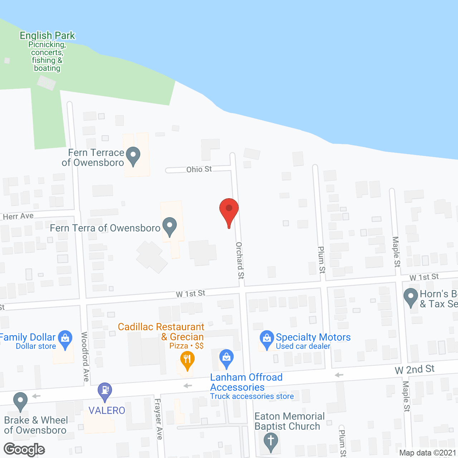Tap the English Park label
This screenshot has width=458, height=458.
coord(47,36)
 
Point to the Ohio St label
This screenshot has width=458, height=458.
coord(199,169)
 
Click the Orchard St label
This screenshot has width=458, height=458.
coord(240,260)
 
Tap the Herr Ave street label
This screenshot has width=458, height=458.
coord(18,216)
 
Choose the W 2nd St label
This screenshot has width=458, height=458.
coord(415,370)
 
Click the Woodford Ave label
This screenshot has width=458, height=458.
coord(85,356)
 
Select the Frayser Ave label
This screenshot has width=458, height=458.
coord(159,419)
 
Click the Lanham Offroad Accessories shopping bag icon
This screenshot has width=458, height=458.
coord(226,358)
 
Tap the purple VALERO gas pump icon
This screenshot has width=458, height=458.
coord(105,391)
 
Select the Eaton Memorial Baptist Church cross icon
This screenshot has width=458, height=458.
coord(271,441)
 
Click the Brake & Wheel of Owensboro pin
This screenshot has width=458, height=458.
coord(20,400)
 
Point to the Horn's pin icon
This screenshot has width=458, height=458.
coord(411,297)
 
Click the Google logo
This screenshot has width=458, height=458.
coord(24,449)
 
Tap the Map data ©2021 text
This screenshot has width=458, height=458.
coord(428,453)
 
